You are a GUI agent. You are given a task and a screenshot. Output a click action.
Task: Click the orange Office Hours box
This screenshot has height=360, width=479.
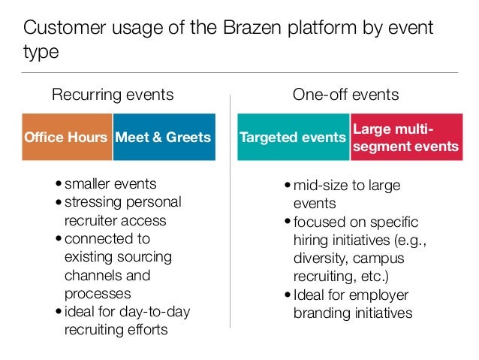(x=67, y=137)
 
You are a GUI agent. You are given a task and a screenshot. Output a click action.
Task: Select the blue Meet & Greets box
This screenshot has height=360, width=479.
(x=164, y=137)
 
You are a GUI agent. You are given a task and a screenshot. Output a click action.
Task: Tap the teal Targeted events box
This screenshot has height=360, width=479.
(x=294, y=137)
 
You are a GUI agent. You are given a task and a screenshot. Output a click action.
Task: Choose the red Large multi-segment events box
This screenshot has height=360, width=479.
(x=405, y=137)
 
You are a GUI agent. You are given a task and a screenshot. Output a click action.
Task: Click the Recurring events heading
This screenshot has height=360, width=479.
(x=112, y=95)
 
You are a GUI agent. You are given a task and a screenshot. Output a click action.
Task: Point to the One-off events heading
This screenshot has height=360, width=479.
(x=345, y=95)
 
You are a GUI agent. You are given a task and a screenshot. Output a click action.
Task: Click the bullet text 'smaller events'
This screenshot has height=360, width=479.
(x=110, y=184)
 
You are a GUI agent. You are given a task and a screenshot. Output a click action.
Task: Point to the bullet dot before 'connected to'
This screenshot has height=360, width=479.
(x=59, y=240)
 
